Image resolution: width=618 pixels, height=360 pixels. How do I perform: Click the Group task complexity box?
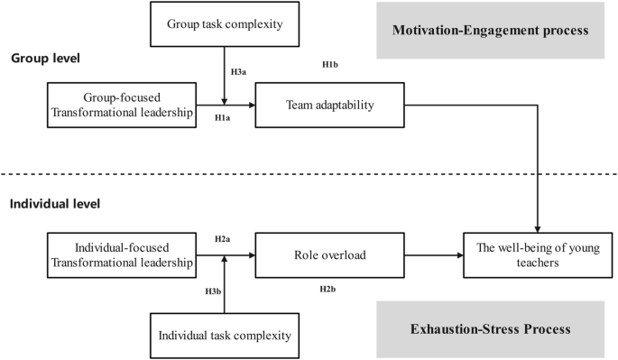click(x=225, y=25)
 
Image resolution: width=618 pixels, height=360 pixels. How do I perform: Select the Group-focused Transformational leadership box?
click(x=122, y=106)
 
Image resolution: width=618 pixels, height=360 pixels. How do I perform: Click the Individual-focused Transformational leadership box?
click(x=122, y=255)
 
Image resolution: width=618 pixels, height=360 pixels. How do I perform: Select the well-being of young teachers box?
click(x=538, y=255)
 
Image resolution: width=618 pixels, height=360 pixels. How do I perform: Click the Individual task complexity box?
click(x=225, y=336)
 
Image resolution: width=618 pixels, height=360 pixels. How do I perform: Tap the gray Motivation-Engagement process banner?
click(x=490, y=30)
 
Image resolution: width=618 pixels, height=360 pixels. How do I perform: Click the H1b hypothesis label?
click(x=330, y=64)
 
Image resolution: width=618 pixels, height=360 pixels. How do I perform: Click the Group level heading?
click(x=45, y=59)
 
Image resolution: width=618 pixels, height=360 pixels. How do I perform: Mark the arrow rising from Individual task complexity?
click(x=225, y=284)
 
